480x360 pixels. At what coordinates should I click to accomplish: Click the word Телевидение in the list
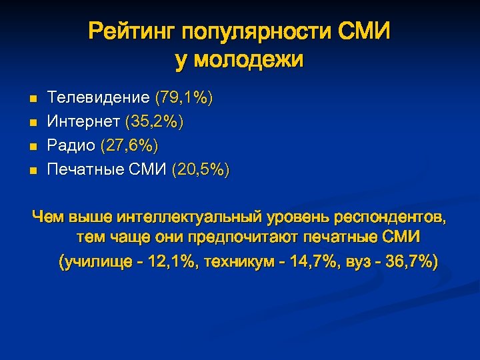99,98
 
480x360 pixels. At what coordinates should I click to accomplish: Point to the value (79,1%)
184,98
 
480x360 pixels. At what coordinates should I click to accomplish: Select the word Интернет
83,122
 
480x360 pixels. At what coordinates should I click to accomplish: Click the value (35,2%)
155,122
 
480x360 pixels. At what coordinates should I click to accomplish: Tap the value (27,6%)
130,146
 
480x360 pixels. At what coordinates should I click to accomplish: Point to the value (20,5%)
200,170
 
